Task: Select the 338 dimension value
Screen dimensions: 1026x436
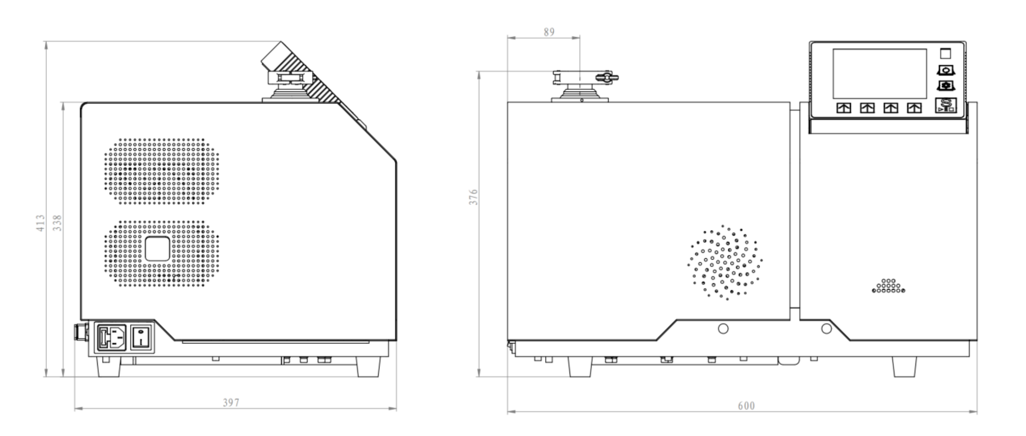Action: point(57,223)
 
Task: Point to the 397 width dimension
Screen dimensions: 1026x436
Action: point(231,403)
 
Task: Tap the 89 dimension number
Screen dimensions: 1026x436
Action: point(549,32)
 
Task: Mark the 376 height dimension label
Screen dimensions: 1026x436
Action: point(473,197)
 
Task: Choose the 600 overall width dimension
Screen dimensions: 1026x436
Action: point(746,406)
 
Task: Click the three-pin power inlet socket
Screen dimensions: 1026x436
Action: point(112,337)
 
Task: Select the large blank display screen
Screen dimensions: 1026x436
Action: point(879,74)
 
